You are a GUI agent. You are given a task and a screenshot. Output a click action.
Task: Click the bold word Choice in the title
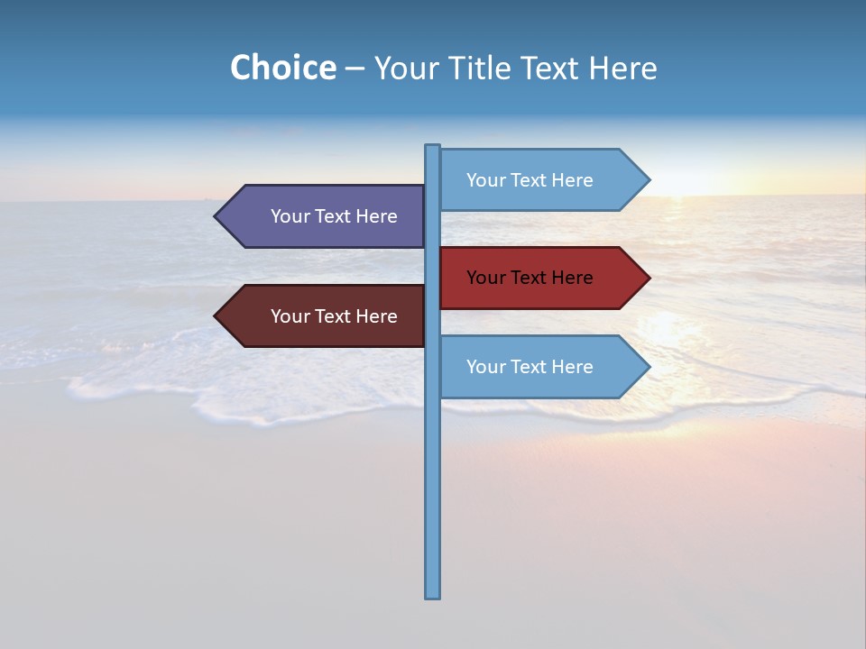click(282, 68)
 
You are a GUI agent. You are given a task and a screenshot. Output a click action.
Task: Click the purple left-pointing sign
click(325, 216)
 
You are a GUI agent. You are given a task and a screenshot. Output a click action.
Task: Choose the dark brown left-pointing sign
click(325, 316)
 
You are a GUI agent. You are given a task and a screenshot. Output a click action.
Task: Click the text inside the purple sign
click(334, 216)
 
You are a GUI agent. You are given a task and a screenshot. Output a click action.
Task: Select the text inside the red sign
click(530, 278)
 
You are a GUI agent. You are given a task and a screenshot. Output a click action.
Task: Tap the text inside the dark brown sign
click(334, 316)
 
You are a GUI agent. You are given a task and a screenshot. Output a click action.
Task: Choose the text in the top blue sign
click(530, 180)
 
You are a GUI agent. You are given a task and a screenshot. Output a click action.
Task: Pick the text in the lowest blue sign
click(530, 367)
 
